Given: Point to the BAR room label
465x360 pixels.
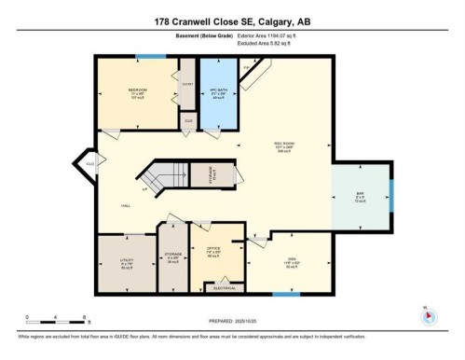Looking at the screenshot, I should click(x=360, y=197).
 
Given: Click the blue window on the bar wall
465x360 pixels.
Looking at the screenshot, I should click(x=391, y=195).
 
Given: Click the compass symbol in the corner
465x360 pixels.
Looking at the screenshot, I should click(x=428, y=315).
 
